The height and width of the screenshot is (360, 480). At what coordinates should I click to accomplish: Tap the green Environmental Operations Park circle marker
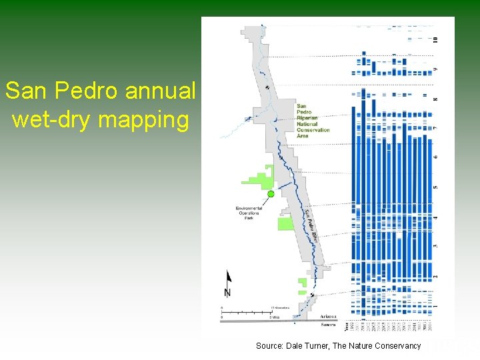point(271,194)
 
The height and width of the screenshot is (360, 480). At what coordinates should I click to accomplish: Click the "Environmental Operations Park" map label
point(249,213)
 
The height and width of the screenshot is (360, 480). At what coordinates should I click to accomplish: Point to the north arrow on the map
point(228,279)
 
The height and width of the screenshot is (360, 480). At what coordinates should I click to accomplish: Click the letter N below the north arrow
point(228,293)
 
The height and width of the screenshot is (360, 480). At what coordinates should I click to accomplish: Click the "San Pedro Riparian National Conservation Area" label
point(312,120)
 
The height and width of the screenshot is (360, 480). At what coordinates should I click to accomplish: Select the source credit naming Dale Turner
point(338,345)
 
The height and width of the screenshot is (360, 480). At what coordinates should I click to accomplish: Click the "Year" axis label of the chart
point(346,326)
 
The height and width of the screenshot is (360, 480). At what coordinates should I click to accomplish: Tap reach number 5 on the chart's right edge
point(435,187)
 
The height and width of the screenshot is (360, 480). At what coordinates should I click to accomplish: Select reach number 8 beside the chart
point(435,99)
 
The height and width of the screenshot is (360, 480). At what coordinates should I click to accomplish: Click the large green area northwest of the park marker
point(257,178)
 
